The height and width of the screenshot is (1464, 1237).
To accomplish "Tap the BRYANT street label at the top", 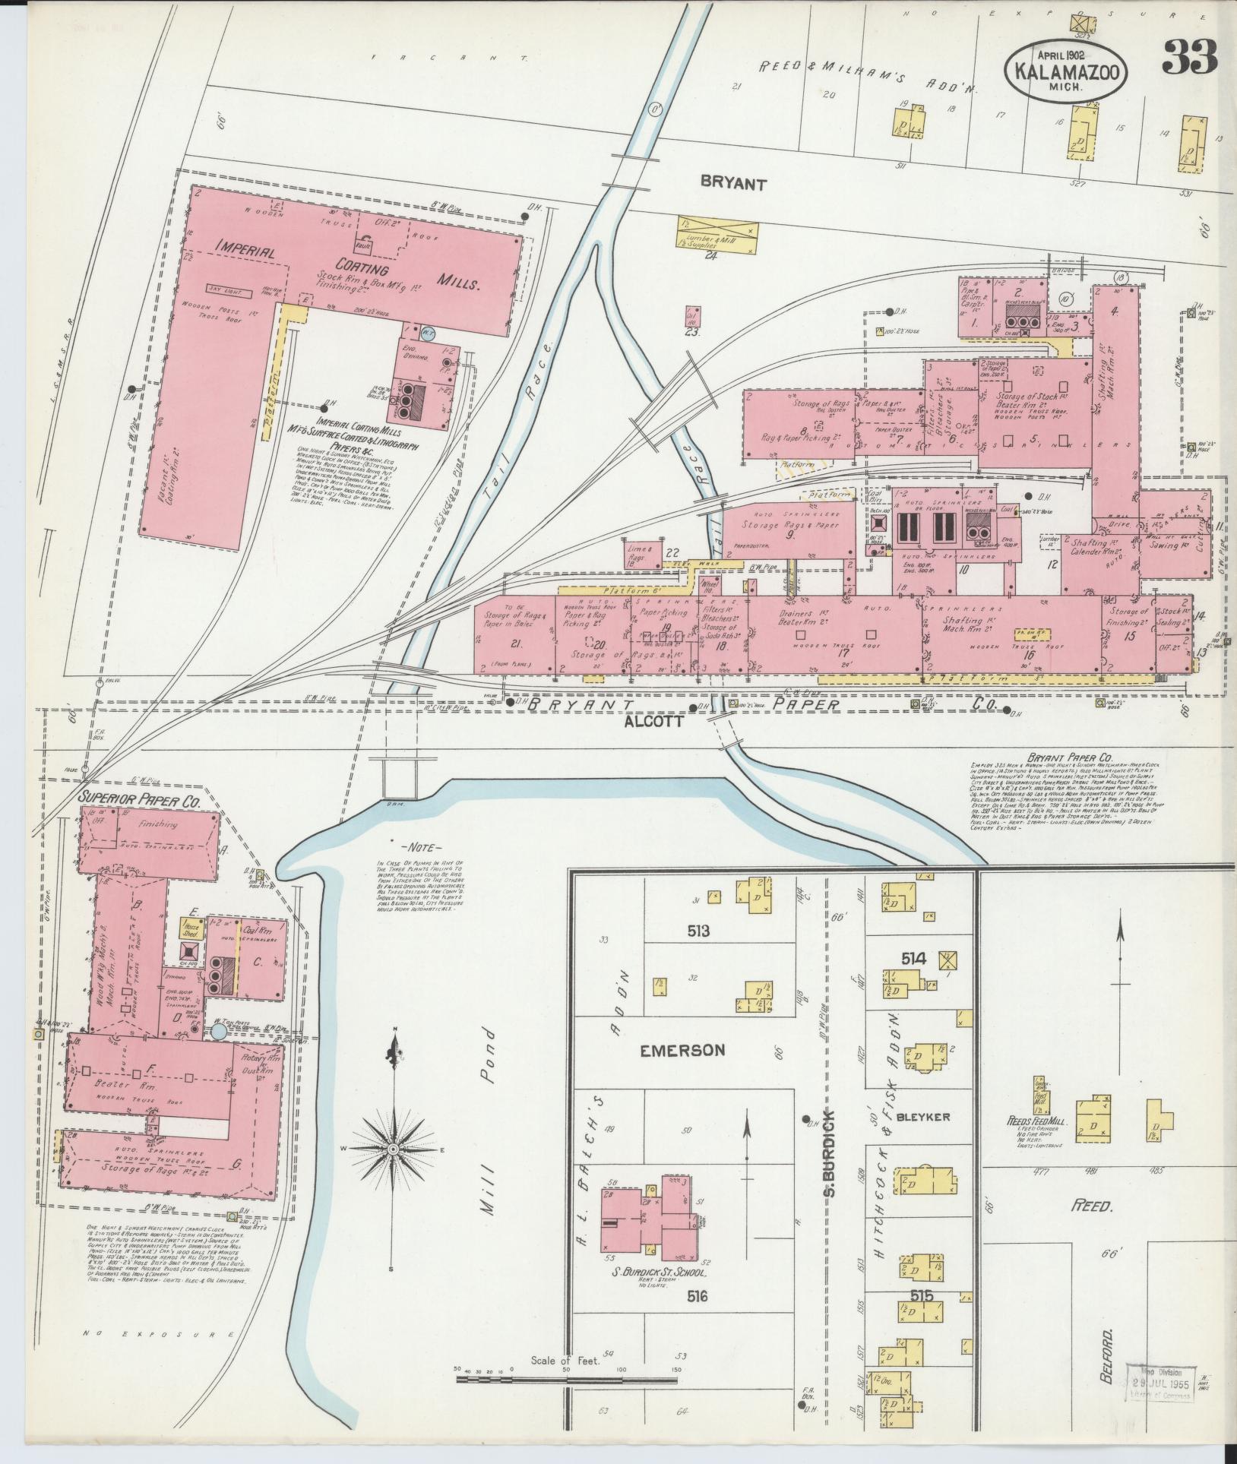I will [x=733, y=183].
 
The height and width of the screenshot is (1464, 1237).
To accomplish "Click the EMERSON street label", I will [x=682, y=1050].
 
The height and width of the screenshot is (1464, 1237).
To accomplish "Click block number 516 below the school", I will [x=697, y=1296].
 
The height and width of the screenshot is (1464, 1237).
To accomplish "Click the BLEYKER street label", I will [x=923, y=1117].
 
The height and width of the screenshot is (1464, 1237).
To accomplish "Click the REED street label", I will [x=1091, y=1206].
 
